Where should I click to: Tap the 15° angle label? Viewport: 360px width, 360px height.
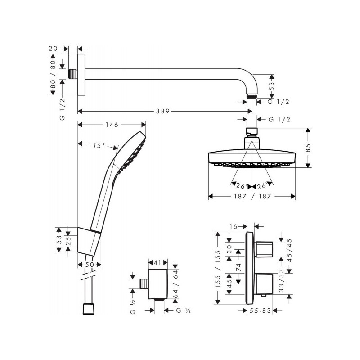pos(99,145)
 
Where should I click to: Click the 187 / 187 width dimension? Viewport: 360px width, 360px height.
pos(252,197)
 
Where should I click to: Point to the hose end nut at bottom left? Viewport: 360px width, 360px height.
pos(88,309)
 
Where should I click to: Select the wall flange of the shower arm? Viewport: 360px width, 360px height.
pos(81,75)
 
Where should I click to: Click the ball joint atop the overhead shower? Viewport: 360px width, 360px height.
pos(252,134)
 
